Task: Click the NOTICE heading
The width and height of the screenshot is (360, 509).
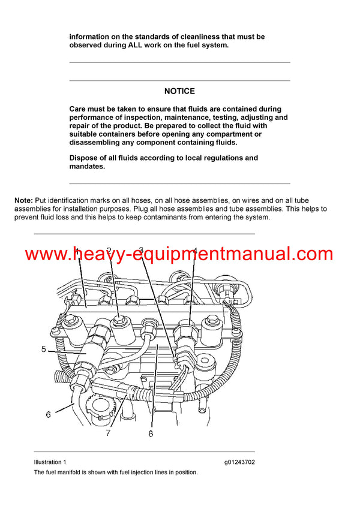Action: point(179,91)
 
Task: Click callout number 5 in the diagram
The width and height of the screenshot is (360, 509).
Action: point(43,348)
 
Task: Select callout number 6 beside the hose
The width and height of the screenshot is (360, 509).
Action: point(47,414)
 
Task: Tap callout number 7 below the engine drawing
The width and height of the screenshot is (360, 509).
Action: point(108,433)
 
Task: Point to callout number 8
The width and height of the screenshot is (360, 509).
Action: point(151,433)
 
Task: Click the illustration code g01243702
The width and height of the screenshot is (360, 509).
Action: point(239,462)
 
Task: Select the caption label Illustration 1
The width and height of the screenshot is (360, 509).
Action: point(50,462)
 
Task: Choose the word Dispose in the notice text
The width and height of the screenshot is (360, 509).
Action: point(85,158)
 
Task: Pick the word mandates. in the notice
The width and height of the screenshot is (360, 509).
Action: point(87,167)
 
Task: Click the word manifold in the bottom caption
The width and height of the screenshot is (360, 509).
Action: point(70,472)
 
